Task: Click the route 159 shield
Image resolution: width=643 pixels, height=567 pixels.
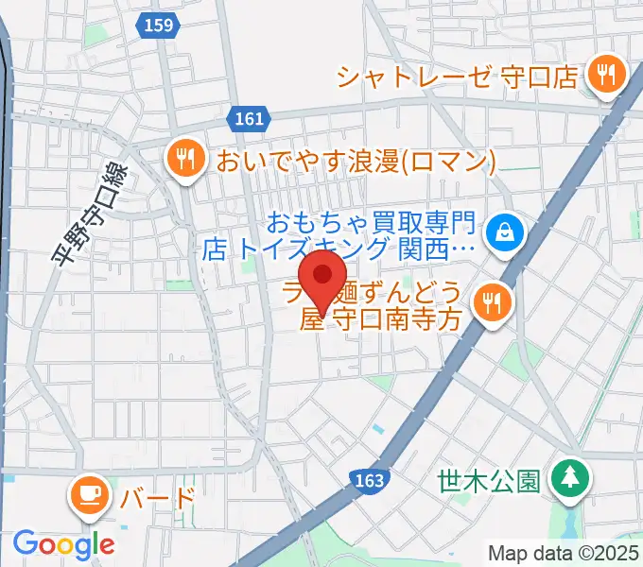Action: pos(159,26)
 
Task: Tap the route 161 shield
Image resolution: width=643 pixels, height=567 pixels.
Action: pos(246,118)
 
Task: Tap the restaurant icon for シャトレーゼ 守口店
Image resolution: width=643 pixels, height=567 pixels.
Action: pos(602,75)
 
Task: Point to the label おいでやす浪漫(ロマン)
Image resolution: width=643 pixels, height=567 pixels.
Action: pos(356,160)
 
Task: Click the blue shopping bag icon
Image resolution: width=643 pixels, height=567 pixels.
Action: pos(504,232)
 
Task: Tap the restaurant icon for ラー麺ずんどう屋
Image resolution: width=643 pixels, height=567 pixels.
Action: pos(492,303)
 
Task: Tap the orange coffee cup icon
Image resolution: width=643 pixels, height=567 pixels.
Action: pos(92,494)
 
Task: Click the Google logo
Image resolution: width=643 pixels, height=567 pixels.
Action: pos(63,544)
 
